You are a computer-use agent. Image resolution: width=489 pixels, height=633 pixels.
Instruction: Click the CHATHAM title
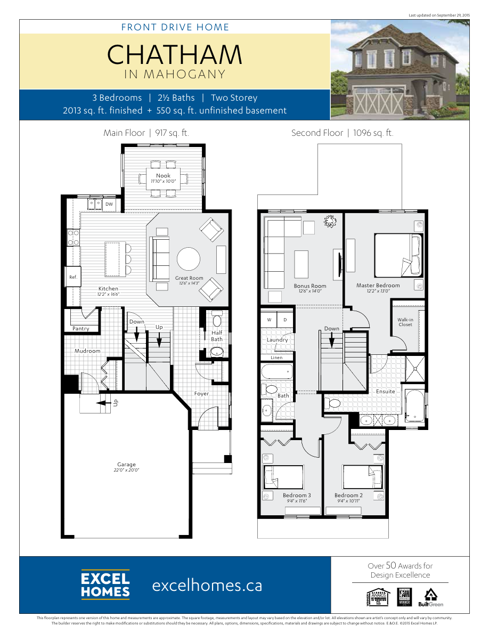click(x=175, y=54)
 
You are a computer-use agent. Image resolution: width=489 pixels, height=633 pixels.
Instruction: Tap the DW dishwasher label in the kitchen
click(x=109, y=204)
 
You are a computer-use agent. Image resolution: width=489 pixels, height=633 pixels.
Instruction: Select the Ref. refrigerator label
click(x=73, y=277)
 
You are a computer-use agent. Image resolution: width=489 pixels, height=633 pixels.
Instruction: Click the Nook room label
click(x=163, y=176)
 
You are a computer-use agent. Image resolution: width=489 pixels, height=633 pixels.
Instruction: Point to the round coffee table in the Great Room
click(x=189, y=259)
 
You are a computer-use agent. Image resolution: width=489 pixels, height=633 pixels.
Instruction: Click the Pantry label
click(x=81, y=329)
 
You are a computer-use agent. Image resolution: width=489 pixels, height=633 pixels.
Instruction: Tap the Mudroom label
click(x=87, y=351)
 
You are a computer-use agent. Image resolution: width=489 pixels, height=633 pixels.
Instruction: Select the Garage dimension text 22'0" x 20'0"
click(x=127, y=470)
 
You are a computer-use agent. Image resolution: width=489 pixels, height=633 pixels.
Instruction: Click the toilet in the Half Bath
click(x=217, y=321)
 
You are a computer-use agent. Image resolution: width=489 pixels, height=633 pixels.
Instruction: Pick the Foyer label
click(x=201, y=394)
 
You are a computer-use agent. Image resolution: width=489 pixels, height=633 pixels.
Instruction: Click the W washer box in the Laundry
click(x=269, y=320)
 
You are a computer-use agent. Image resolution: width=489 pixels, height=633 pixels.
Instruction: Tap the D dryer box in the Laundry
click(x=285, y=320)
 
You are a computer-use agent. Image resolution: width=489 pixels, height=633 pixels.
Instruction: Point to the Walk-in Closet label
click(x=405, y=322)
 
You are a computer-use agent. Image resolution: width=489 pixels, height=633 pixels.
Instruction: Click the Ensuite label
click(x=386, y=392)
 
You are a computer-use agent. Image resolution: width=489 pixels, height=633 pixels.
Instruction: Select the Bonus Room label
click(x=310, y=286)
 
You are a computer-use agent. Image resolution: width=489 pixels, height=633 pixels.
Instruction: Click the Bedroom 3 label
click(x=297, y=496)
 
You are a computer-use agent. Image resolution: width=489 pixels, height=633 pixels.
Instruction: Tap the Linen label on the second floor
click(x=277, y=358)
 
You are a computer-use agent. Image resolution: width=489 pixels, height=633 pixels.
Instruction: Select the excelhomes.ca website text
click(x=207, y=586)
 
